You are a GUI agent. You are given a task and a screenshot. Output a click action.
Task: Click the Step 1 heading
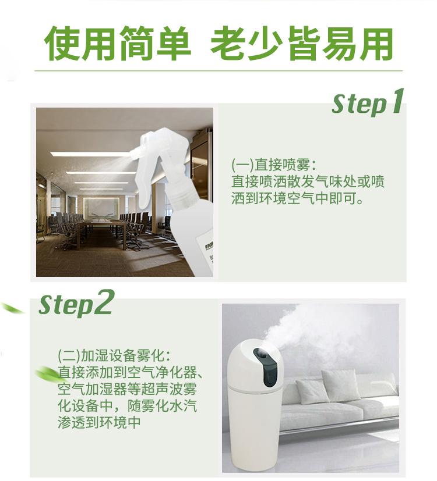(368, 102)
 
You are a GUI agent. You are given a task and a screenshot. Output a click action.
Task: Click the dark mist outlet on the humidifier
(265, 366)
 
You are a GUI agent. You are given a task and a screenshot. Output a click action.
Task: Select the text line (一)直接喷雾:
(273, 165)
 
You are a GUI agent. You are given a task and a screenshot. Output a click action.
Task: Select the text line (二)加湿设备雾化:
(114, 355)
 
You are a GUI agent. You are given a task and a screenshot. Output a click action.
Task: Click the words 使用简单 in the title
(118, 44)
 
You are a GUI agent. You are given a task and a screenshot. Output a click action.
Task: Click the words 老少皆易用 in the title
(301, 44)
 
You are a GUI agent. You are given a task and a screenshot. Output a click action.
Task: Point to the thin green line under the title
(218, 71)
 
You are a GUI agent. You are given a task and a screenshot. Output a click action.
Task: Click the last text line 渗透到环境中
(99, 422)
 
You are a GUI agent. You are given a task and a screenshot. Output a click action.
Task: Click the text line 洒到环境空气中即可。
(297, 198)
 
